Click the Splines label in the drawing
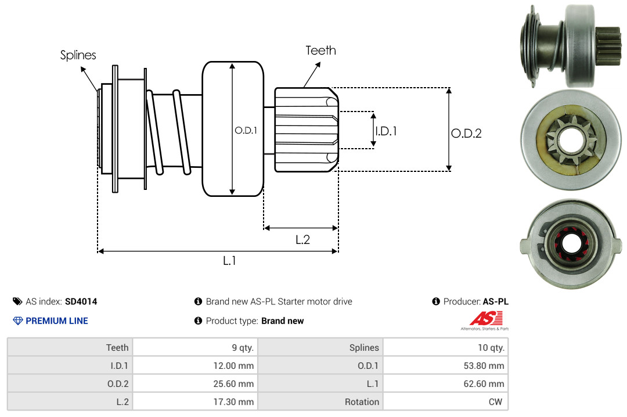pyautogui.click(x=78, y=55)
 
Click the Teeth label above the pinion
pyautogui.click(x=320, y=51)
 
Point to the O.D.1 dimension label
pyautogui.click(x=246, y=131)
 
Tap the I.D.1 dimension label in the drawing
pyautogui.click(x=386, y=131)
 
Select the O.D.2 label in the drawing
pyautogui.click(x=466, y=133)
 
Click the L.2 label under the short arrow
pyautogui.click(x=302, y=239)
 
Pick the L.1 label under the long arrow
pyautogui.click(x=229, y=261)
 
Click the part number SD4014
pyautogui.click(x=81, y=301)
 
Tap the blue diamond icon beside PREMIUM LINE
pyautogui.click(x=18, y=321)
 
